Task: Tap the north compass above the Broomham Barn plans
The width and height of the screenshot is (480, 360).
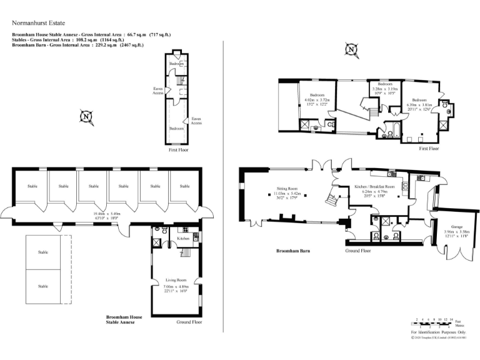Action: click(352, 49)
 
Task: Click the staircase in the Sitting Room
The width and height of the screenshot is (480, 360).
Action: click(330, 200)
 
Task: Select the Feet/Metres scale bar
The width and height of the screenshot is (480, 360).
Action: click(432, 322)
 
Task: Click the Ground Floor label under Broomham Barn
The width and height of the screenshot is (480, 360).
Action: click(358, 251)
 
